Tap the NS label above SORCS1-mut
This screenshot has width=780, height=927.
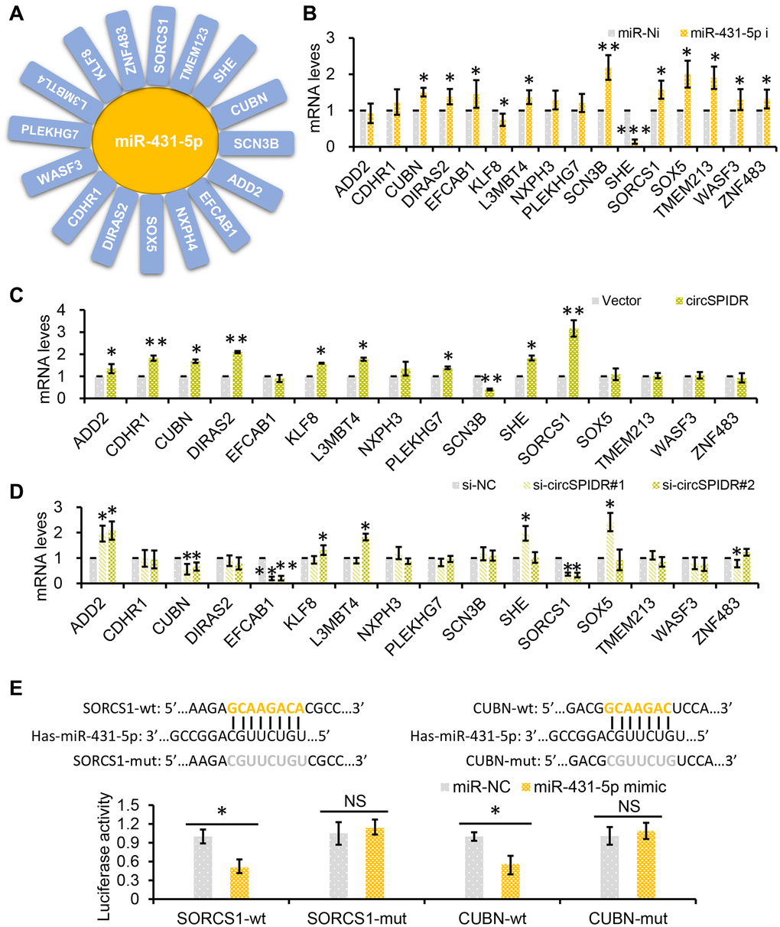tap(355, 802)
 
